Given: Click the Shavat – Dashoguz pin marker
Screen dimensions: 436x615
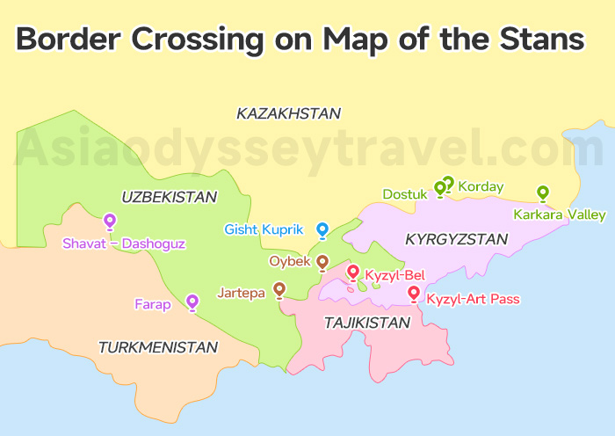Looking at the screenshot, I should [x=110, y=221].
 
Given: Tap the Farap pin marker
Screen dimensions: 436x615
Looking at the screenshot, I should [x=192, y=302].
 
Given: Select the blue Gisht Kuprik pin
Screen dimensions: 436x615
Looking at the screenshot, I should [x=322, y=229].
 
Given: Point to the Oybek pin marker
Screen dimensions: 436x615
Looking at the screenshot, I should [x=322, y=262].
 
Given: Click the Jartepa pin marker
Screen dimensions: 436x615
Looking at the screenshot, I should [x=279, y=288].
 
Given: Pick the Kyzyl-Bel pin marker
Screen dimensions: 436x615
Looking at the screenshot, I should [x=353, y=272].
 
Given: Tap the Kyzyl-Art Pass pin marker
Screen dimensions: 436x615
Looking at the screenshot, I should [x=414, y=294].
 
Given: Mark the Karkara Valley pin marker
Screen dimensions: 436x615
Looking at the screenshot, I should [x=543, y=193].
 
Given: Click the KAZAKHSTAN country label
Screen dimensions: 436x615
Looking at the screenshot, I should [x=288, y=113].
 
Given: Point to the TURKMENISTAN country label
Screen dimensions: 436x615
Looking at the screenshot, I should [x=158, y=347].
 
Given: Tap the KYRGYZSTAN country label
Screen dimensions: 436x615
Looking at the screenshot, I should [x=456, y=239].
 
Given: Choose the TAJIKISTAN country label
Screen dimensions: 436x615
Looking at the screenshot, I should [x=367, y=323].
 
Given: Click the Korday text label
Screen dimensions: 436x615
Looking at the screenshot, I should [x=481, y=186].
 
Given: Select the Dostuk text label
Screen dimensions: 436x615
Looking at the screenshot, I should [x=404, y=193].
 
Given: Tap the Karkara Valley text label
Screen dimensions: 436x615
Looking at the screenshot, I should [x=560, y=214].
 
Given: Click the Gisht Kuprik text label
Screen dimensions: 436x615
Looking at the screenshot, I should [x=264, y=229].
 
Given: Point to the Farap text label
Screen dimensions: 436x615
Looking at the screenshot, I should [x=152, y=304].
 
